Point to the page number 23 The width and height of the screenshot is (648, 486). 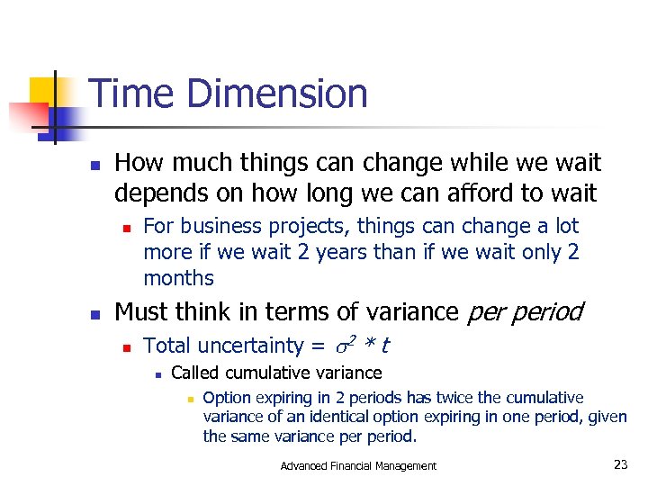620,464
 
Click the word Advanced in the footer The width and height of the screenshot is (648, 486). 305,466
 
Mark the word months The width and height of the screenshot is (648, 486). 178,278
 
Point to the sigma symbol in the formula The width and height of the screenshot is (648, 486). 340,346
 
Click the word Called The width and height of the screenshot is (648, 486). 194,373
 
